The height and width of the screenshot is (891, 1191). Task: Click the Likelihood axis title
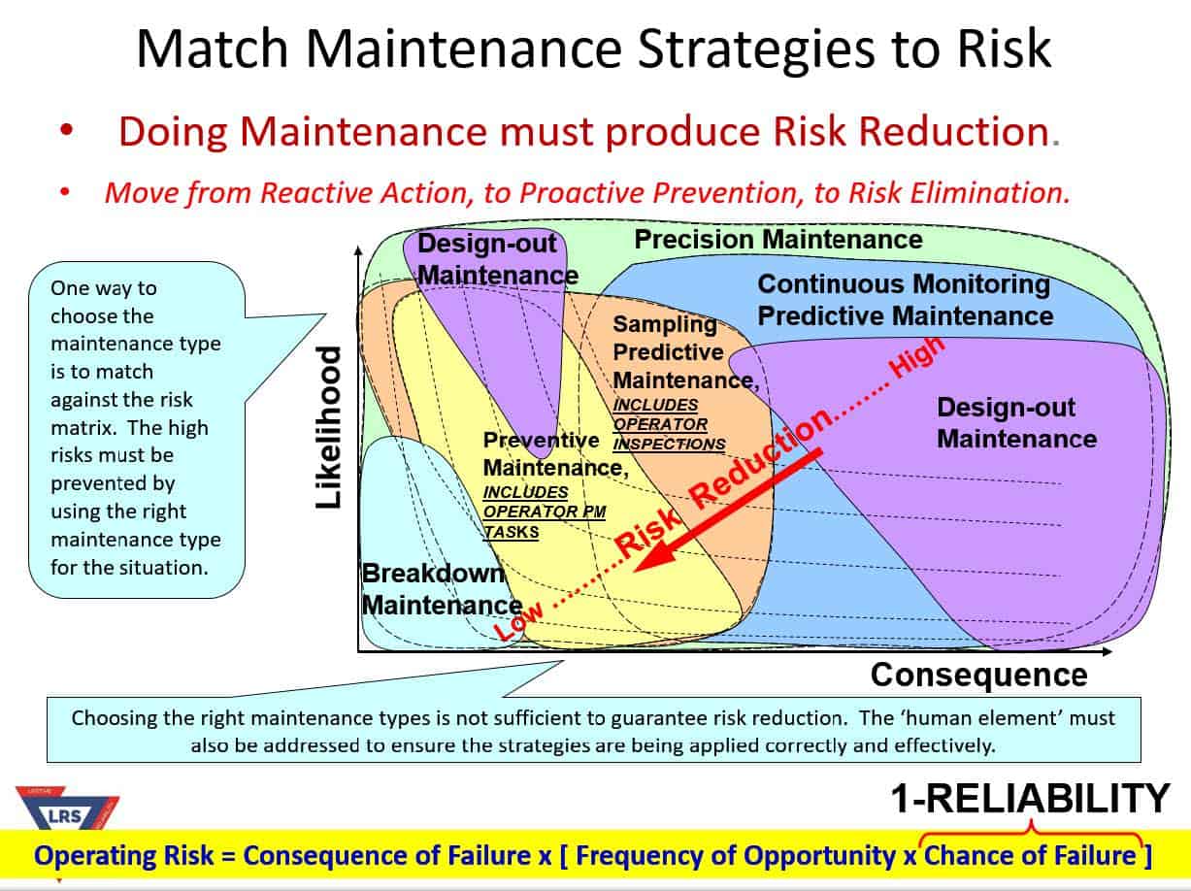click(x=329, y=427)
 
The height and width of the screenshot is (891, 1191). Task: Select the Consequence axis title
click(x=978, y=674)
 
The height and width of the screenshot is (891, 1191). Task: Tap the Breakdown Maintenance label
click(x=434, y=589)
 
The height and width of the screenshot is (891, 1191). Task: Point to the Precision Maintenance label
click(x=777, y=239)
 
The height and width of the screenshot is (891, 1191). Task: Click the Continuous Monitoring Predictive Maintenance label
click(x=905, y=300)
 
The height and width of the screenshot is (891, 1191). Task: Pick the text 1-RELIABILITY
click(x=1031, y=798)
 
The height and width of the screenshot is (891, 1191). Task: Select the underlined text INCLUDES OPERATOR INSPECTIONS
click(x=669, y=424)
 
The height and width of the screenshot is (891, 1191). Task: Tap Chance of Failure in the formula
click(x=1030, y=855)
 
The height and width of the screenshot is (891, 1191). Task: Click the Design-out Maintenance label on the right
click(x=1016, y=423)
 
